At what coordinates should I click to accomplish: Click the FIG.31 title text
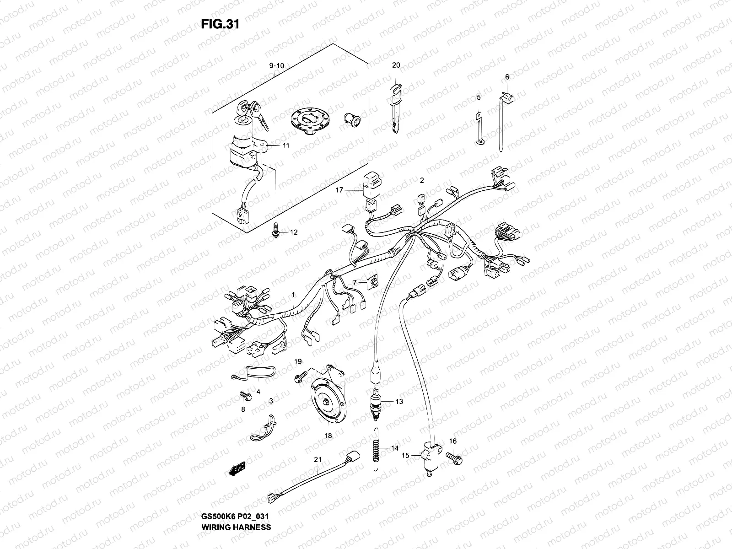(x=220, y=24)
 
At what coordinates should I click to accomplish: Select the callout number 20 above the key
(x=396, y=65)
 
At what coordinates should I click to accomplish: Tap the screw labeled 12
(x=276, y=231)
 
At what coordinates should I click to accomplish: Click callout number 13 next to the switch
(x=399, y=402)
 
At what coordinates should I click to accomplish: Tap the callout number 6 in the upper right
(x=506, y=77)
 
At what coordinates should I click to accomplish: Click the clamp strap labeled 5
(x=479, y=129)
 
